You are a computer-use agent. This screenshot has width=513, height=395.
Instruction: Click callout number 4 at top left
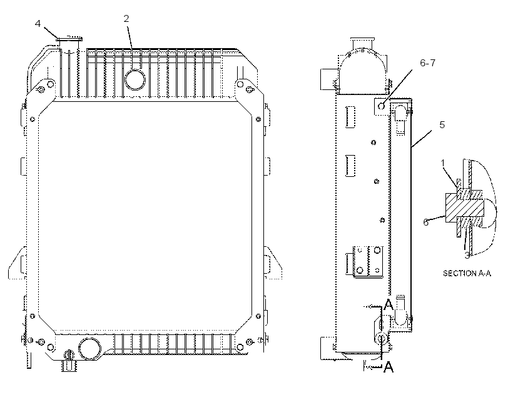click(38, 24)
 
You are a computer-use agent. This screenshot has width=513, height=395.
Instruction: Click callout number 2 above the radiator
click(126, 19)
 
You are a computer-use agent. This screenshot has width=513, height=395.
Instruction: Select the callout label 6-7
click(428, 62)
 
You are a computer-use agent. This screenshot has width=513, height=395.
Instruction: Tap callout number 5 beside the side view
click(442, 125)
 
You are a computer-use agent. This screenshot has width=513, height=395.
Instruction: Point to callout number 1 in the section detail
click(443, 163)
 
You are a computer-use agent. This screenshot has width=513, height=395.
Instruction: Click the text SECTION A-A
click(467, 273)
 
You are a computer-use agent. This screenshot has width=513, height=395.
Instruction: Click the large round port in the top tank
click(135, 79)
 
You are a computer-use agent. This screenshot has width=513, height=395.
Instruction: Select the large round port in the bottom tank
click(89, 349)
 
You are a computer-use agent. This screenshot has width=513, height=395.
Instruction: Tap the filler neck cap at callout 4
click(69, 39)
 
